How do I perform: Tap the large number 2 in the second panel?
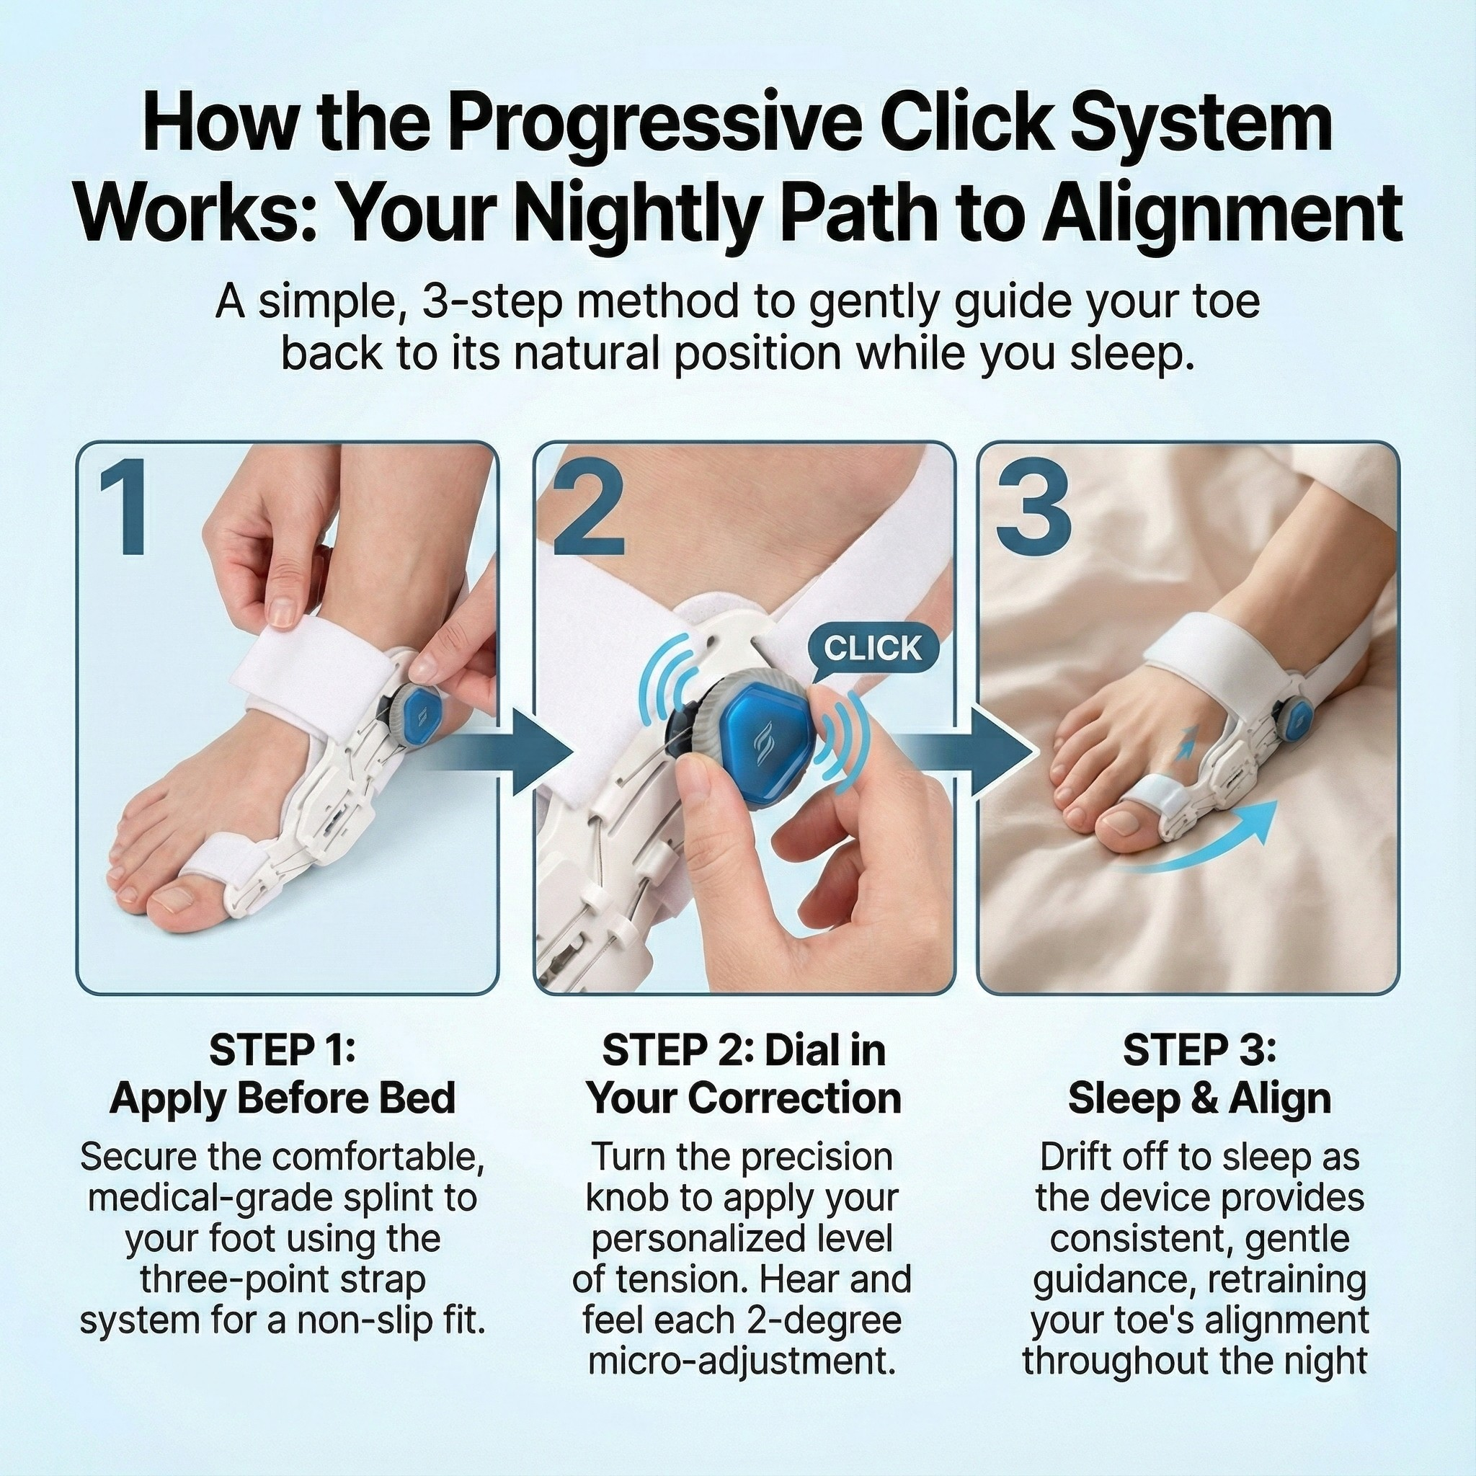[x=588, y=510]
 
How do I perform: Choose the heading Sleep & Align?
[x=1199, y=1098]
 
